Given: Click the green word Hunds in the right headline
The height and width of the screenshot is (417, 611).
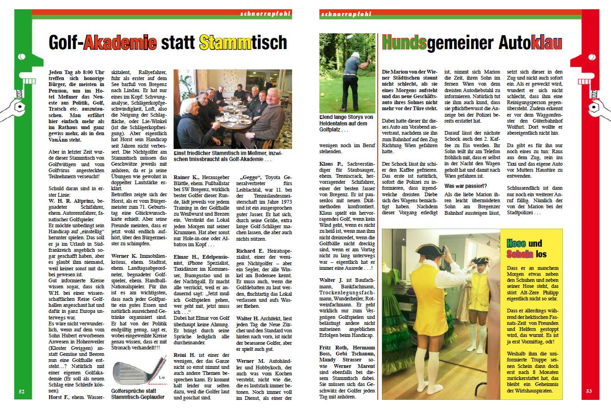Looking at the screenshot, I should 404,43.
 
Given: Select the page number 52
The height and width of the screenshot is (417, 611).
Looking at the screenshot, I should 22,391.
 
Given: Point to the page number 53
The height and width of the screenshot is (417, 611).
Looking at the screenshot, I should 589,391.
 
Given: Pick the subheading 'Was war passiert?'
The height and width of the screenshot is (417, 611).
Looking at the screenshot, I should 466,186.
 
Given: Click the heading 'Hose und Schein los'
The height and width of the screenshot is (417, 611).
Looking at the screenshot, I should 527,249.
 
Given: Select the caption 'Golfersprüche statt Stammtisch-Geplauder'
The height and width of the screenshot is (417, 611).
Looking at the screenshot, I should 138,394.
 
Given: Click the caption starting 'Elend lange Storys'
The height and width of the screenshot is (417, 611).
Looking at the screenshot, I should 346,123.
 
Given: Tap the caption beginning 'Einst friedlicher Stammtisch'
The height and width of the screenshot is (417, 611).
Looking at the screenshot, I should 232,156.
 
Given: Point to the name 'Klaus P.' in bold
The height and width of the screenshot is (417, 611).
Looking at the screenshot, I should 331,164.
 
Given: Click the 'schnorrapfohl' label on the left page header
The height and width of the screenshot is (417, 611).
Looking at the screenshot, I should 265,14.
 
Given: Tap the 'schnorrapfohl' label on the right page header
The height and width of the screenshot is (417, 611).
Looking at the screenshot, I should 346,14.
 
